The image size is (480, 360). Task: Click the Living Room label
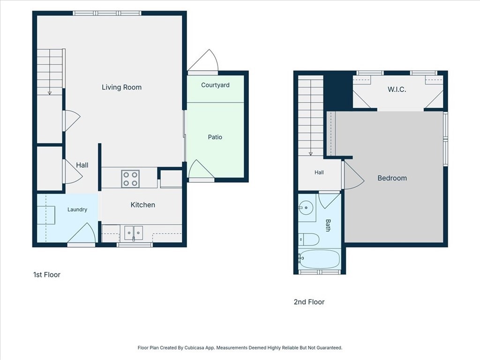(x=121, y=87)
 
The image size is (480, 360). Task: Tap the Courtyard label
(x=215, y=85)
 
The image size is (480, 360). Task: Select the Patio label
(x=215, y=137)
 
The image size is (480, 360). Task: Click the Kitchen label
(x=142, y=205)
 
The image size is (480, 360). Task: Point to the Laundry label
(x=77, y=210)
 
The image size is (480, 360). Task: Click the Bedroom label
(x=392, y=178)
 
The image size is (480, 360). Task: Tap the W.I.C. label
(x=397, y=90)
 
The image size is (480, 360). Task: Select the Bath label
(x=328, y=225)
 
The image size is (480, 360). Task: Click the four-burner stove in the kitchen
(x=130, y=179)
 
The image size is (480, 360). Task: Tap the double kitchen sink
(x=134, y=233)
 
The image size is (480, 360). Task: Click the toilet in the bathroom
(x=308, y=240)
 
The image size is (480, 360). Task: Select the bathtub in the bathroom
(x=319, y=259)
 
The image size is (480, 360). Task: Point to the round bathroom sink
(x=306, y=208)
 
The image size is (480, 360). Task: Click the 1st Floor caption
(x=47, y=275)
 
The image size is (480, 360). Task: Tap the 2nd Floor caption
(x=309, y=302)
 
